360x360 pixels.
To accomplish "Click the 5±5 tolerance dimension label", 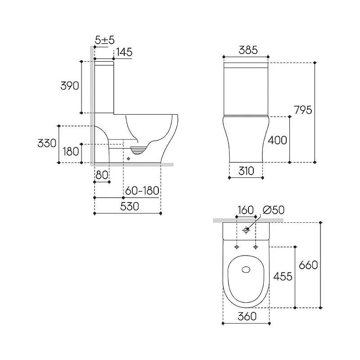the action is pyautogui.click(x=105, y=40).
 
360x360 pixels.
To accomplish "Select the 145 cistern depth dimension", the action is pyautogui.click(x=124, y=52).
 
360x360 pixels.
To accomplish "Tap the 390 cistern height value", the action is pyautogui.click(x=70, y=85).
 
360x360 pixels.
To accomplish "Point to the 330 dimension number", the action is pyautogui.click(x=47, y=143).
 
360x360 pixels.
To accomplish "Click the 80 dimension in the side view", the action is pyautogui.click(x=102, y=175).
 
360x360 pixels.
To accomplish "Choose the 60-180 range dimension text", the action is pyautogui.click(x=142, y=190).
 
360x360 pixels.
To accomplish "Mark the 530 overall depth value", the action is pyautogui.click(x=130, y=206).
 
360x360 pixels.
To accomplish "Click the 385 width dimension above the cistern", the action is pyautogui.click(x=248, y=50).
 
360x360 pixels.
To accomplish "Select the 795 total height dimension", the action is pyautogui.click(x=303, y=110).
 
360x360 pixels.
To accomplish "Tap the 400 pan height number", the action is pyautogui.click(x=277, y=140).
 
